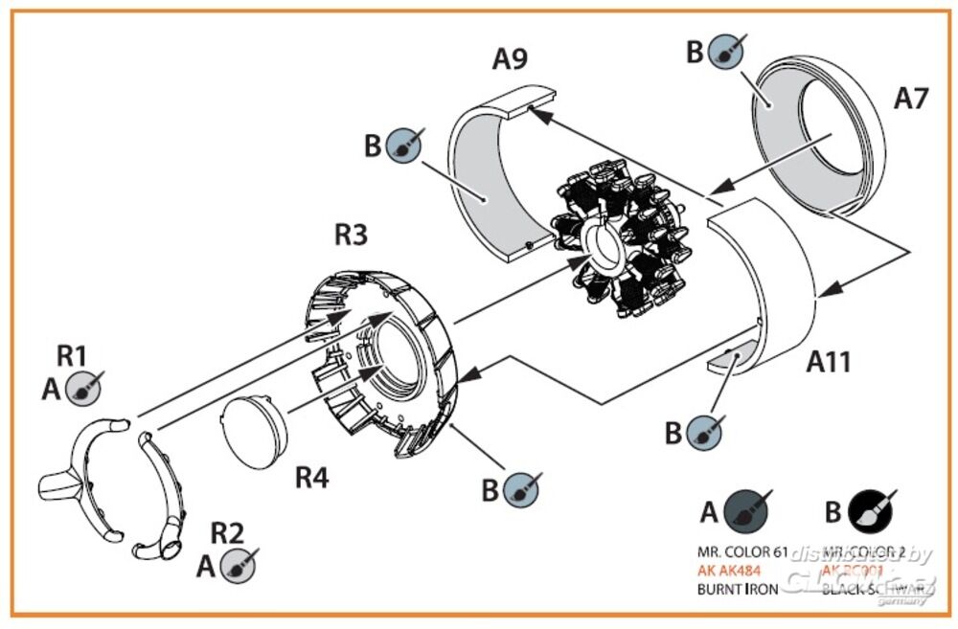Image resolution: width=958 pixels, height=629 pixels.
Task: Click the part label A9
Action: click(x=509, y=58)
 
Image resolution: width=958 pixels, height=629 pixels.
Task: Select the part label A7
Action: click(x=911, y=98)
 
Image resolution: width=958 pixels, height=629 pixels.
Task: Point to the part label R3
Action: click(x=350, y=234)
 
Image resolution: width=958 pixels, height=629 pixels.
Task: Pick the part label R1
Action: click(x=72, y=355)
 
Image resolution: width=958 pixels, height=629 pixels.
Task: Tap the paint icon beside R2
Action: click(x=237, y=566)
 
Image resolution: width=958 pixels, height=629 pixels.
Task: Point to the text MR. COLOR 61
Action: click(x=742, y=552)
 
